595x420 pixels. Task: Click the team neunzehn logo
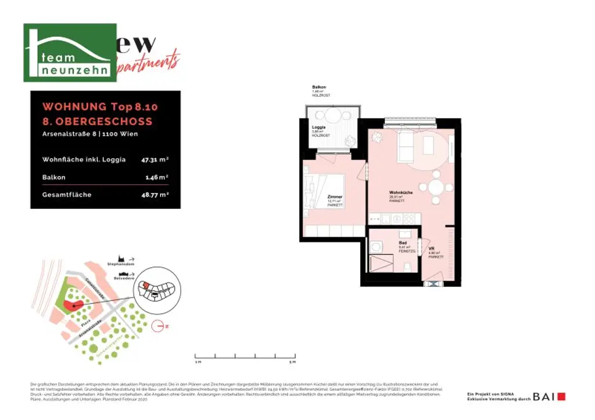[70, 53]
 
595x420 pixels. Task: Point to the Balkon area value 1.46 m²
[157, 177]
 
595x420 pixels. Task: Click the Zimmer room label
[335, 197]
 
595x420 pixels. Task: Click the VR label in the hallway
[431, 248]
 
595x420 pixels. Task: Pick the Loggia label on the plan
[318, 128]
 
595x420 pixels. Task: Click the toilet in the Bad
[408, 267]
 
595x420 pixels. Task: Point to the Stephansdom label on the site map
[120, 264]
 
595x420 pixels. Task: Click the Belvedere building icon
[123, 274]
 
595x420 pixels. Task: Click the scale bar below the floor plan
[245, 355]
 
